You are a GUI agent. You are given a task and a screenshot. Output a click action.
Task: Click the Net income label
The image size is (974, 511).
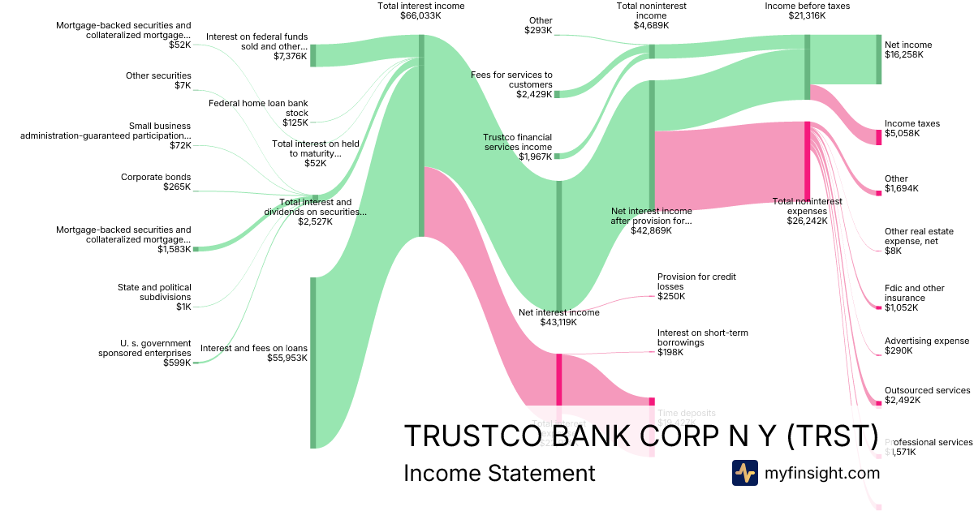click(x=908, y=45)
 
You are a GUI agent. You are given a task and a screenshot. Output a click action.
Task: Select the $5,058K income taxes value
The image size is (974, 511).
click(x=901, y=133)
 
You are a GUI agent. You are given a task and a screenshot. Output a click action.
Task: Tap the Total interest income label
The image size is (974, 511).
click(x=409, y=6)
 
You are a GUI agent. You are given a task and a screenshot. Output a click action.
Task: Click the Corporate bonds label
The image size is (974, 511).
click(x=156, y=177)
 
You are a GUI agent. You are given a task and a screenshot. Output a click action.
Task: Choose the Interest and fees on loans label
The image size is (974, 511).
click(x=254, y=348)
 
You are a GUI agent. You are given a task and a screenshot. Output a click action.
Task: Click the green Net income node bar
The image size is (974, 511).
click(x=878, y=59)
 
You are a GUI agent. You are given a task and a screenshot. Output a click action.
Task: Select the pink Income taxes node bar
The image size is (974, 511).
click(x=878, y=136)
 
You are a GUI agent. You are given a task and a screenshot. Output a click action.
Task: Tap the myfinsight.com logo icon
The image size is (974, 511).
click(x=744, y=473)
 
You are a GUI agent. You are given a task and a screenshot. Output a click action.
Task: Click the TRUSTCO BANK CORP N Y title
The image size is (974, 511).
click(x=640, y=436)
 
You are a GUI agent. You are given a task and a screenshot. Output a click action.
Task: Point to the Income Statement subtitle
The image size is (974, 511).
click(x=499, y=473)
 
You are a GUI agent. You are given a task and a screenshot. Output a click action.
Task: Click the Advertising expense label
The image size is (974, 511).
click(x=927, y=341)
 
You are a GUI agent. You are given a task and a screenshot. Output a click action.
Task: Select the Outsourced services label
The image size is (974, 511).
click(x=927, y=390)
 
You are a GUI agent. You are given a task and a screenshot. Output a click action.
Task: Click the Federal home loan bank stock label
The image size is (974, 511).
click(x=258, y=108)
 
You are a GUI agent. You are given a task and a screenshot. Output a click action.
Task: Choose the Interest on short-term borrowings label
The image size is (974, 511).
click(x=703, y=337)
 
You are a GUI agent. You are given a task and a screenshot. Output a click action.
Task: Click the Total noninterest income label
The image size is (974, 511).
click(x=650, y=11)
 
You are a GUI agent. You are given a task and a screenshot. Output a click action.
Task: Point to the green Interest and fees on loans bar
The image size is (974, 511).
click(x=312, y=362)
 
